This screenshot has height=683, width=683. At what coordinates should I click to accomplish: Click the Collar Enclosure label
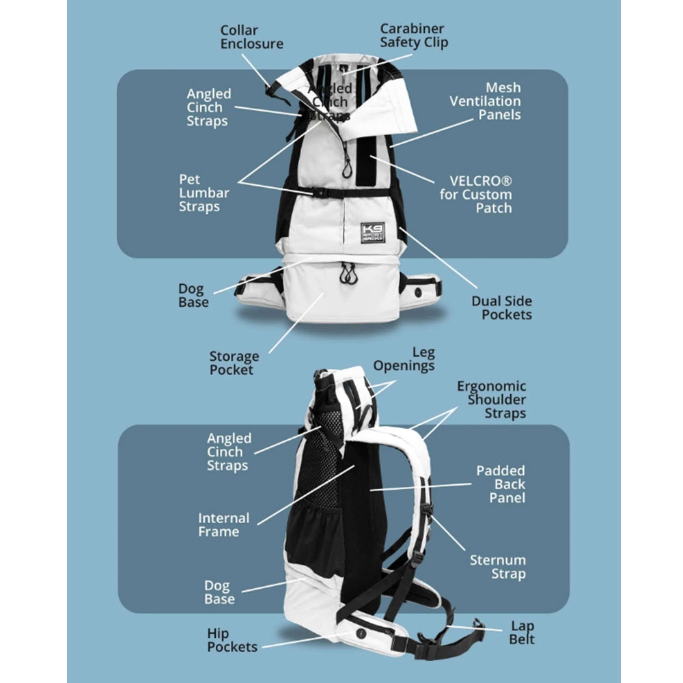(251, 38)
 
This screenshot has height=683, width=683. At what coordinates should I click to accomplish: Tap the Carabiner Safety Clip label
(413, 36)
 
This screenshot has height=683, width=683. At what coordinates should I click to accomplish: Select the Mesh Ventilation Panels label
(485, 101)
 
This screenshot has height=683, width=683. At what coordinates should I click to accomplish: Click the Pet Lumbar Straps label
(204, 193)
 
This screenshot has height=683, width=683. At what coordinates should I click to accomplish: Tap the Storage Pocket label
(234, 363)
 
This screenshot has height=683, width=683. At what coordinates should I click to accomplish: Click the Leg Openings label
(404, 359)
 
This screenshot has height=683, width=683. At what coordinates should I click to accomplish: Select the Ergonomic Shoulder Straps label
(492, 400)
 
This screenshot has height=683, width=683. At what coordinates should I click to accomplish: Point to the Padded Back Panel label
(501, 484)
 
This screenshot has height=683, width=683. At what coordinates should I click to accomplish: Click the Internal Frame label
(223, 525)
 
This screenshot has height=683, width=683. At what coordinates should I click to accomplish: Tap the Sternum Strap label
(498, 567)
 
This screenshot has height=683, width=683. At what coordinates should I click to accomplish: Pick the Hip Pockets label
(232, 640)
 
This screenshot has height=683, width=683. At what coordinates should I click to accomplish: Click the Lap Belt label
(522, 633)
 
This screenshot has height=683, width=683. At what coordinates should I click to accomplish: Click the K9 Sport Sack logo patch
(373, 232)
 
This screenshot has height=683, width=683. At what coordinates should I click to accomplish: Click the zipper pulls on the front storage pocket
(348, 273)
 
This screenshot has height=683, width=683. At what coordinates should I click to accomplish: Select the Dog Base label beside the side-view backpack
(219, 592)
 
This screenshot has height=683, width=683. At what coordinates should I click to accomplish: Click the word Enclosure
(251, 44)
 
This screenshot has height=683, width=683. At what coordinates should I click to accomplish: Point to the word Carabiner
(412, 29)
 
